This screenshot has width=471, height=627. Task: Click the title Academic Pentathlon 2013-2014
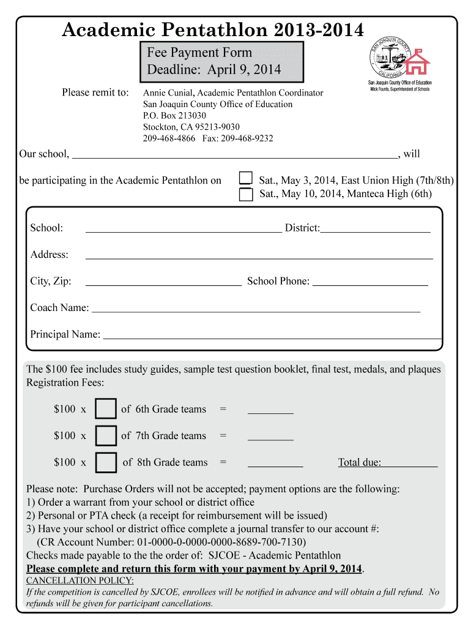[x=212, y=29]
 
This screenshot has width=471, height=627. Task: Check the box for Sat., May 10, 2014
[x=245, y=195]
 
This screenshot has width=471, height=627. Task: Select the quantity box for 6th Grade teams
[x=106, y=409]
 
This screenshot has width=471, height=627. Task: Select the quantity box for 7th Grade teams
[x=106, y=435]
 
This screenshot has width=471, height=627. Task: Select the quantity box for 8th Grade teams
[x=106, y=462]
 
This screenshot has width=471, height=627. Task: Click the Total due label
[x=360, y=462]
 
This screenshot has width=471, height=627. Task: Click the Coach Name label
[x=59, y=307]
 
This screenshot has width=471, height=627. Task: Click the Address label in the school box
[x=50, y=254]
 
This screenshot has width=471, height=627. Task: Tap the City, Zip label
[x=51, y=281]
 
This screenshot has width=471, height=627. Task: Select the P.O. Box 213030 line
[x=174, y=115]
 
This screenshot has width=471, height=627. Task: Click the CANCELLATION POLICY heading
[x=80, y=580]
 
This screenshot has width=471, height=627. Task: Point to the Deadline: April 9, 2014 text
[x=213, y=69]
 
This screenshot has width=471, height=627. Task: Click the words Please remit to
[x=95, y=92]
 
